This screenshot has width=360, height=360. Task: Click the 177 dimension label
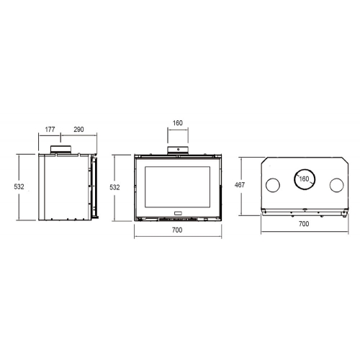[50, 130]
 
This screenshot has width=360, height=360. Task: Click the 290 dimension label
[78, 130]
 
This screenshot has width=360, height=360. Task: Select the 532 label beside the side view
[19, 186]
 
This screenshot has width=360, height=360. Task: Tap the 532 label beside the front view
[114, 187]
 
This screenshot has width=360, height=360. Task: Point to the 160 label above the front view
[178, 123]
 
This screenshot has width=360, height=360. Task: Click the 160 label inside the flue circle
[304, 179]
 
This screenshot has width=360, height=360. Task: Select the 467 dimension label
[240, 185]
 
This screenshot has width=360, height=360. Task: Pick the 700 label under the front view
[177, 230]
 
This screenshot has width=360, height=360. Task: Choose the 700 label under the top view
[304, 224]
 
